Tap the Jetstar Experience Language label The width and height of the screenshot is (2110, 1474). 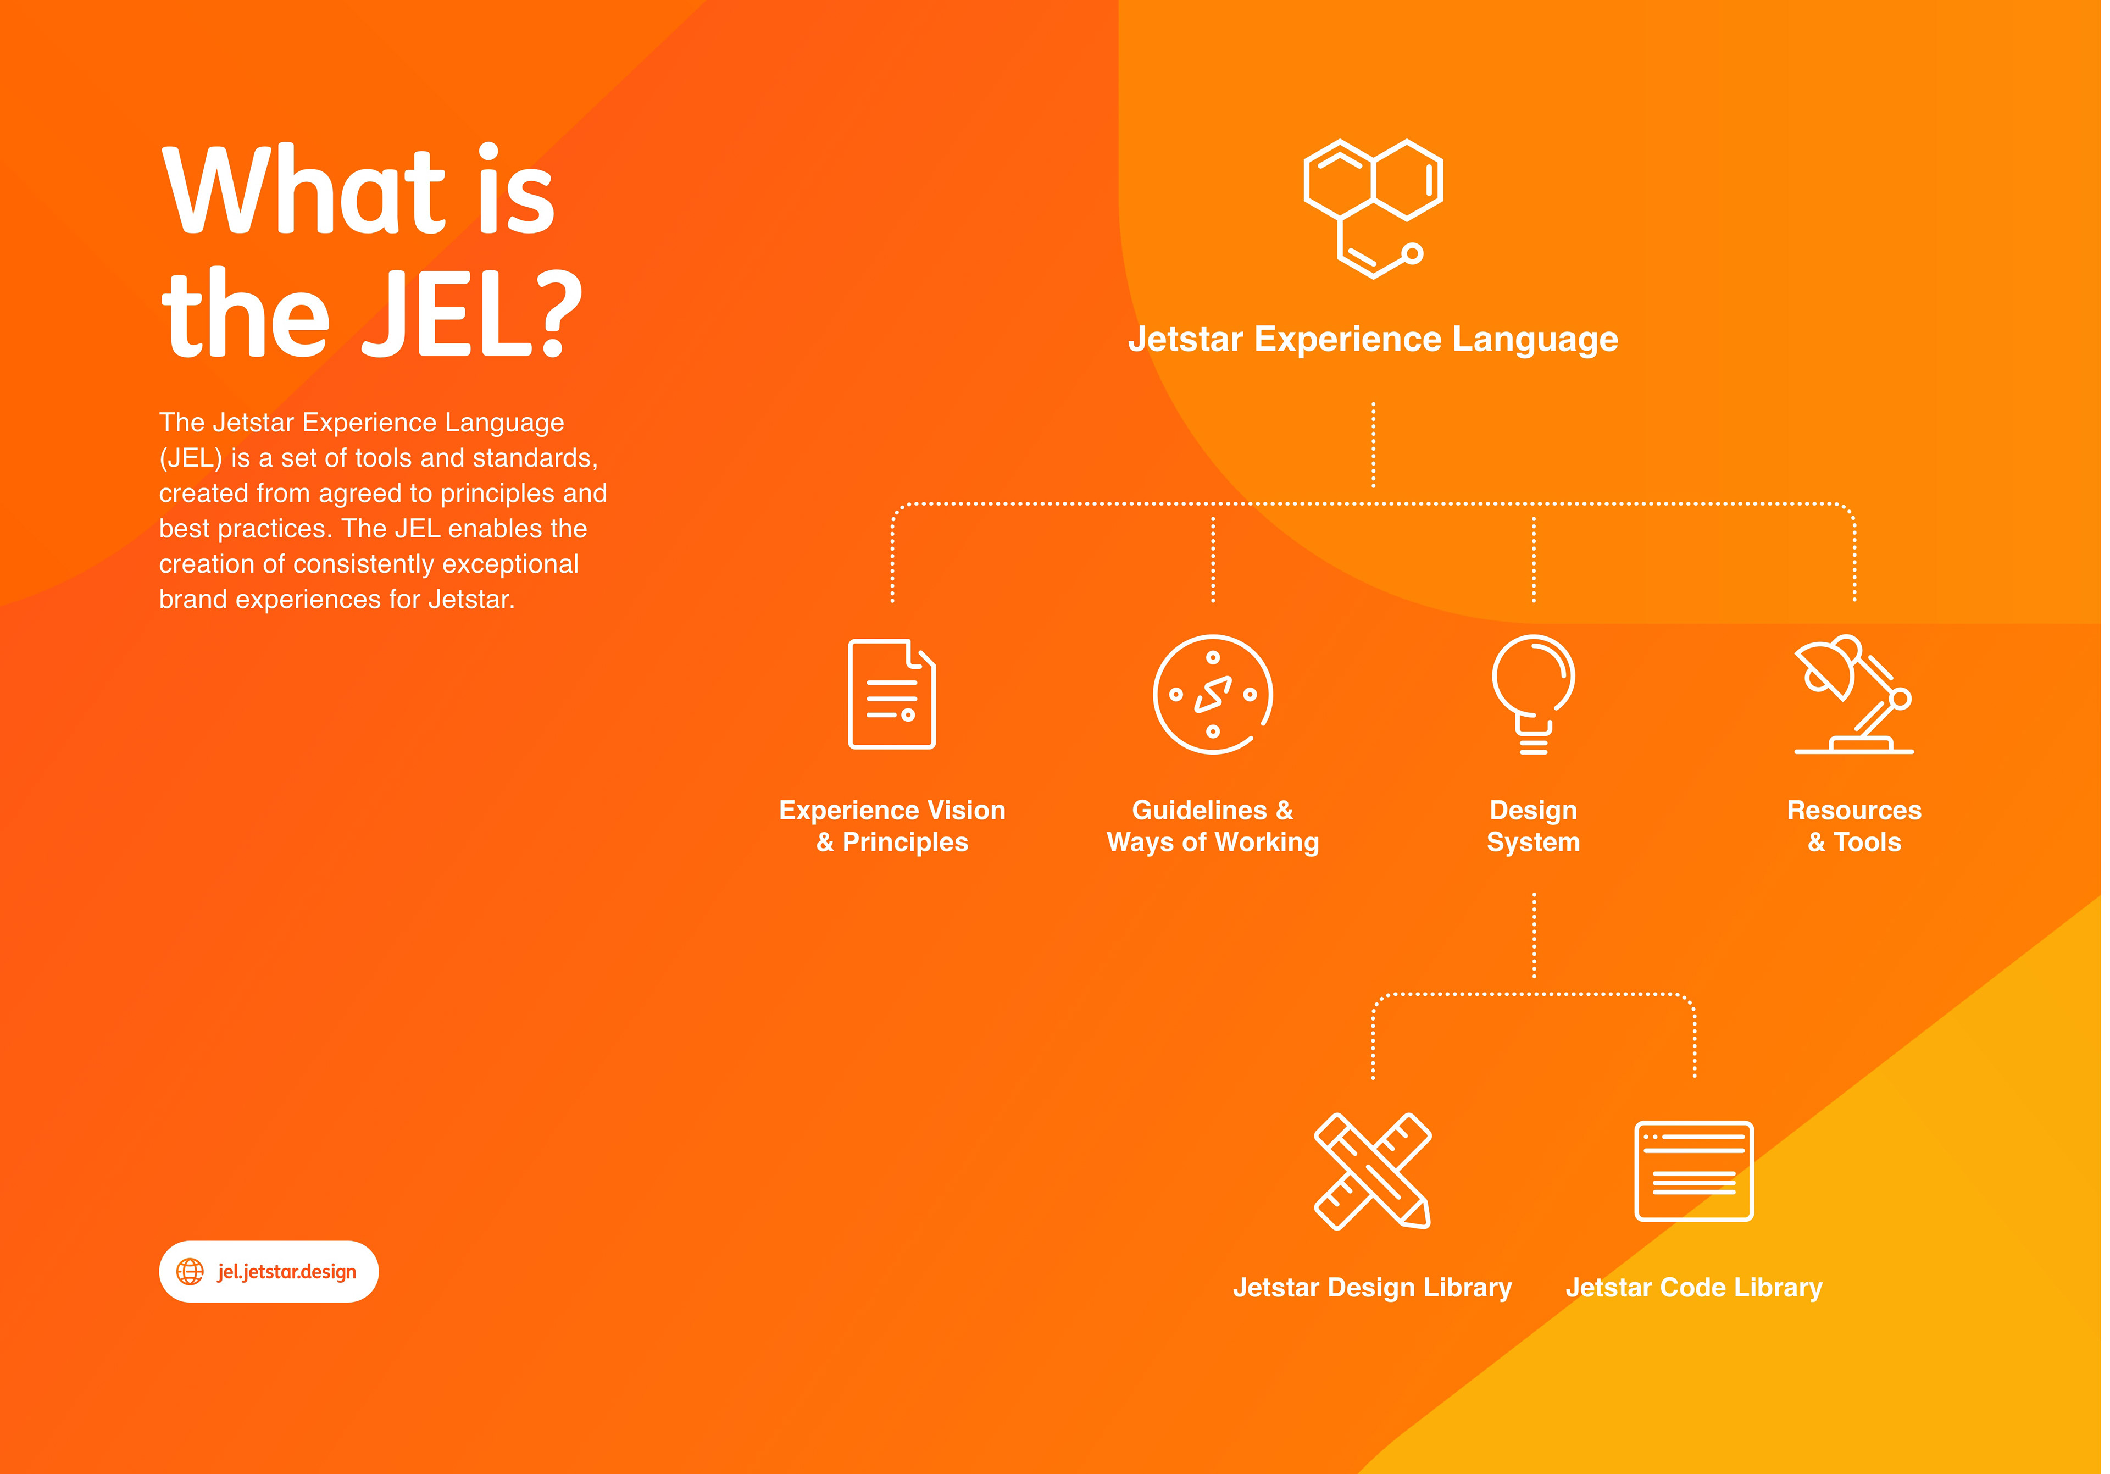(x=1373, y=339)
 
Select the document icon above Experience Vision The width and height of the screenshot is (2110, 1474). (x=891, y=694)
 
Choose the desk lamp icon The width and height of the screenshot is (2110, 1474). (x=1853, y=694)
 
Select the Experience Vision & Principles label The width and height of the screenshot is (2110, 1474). (x=891, y=825)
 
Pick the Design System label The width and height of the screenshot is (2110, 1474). (x=1533, y=825)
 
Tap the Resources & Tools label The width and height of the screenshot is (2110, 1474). (x=1853, y=825)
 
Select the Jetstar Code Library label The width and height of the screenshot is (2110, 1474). (x=1693, y=1288)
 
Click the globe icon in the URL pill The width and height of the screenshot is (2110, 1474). (x=190, y=1272)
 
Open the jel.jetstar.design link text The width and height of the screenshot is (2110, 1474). (x=287, y=1272)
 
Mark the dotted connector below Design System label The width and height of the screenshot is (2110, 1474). (x=1534, y=934)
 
